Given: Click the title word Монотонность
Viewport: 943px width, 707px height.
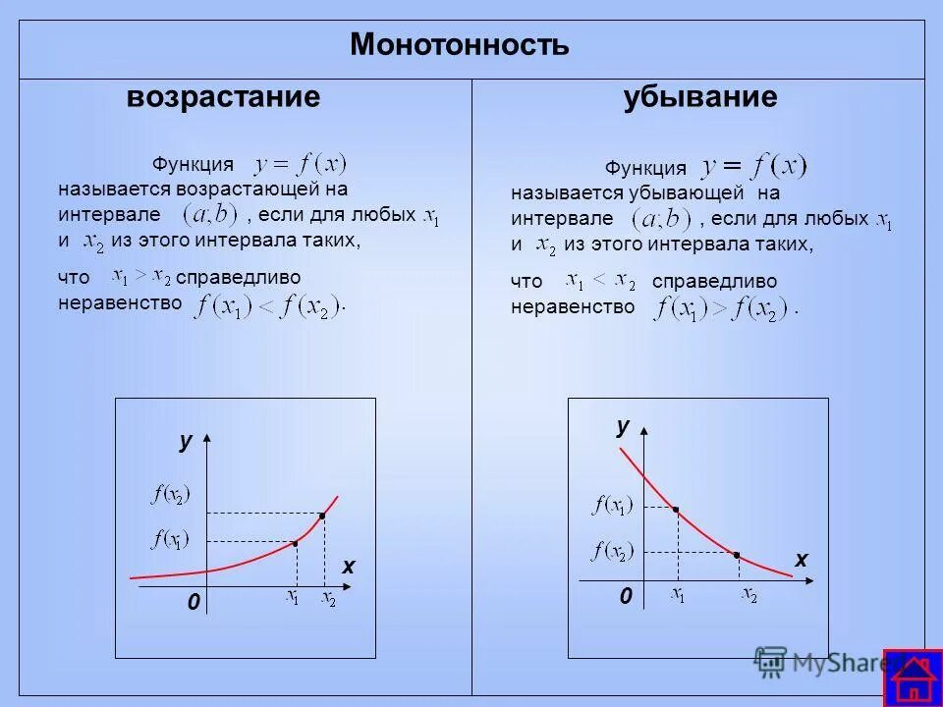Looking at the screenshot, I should coord(459,45).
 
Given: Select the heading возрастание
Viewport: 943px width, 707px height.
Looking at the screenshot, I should coord(223,97).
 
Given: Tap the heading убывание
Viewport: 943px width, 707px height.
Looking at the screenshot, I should coord(699,97).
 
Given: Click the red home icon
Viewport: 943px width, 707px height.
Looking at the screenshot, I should coord(913,679).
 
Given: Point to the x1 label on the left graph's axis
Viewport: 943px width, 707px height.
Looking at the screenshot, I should coord(293,597).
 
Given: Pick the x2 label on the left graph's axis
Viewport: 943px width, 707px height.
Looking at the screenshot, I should coord(328,599).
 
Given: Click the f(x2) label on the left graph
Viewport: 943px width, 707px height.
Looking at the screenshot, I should coord(171,495).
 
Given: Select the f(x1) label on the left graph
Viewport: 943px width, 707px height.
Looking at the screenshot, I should coord(170,539).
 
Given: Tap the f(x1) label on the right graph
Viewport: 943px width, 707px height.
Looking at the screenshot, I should coord(613,507).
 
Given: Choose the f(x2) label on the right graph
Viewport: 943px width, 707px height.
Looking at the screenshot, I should coord(613,551).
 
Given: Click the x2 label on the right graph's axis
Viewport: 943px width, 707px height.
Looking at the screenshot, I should coord(749,595).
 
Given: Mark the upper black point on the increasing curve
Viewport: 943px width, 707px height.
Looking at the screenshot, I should coord(321,515).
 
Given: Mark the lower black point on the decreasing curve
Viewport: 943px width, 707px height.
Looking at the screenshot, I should coord(737,555).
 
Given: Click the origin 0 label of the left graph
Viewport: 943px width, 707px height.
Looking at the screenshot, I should coord(194,602).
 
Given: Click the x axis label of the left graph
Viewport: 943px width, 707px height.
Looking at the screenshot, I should coord(348,568).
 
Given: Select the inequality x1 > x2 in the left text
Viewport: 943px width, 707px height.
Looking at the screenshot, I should coord(141,276).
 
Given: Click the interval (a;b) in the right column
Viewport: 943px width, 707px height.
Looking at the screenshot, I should coord(662,218).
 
